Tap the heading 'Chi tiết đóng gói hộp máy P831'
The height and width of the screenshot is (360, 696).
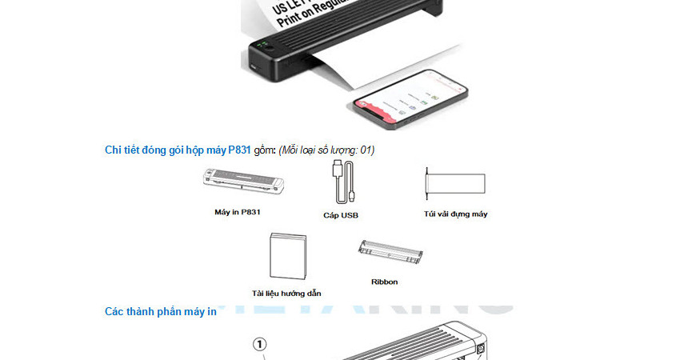[178, 150]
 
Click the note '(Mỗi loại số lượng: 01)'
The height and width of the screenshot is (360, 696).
[326, 150]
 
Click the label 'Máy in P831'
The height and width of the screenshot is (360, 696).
[238, 212]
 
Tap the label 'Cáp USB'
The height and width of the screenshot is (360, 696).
[341, 215]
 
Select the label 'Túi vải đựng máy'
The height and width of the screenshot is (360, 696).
[456, 214]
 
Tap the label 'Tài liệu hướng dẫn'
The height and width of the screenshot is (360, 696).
[286, 294]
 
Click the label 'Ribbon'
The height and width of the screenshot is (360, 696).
[385, 282]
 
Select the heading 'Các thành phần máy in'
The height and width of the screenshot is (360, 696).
[160, 311]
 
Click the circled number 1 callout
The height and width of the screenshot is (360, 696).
[260, 344]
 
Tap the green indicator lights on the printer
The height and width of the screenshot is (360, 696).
[262, 45]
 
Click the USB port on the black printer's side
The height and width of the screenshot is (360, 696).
[254, 67]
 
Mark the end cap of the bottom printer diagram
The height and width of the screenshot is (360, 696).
[478, 348]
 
